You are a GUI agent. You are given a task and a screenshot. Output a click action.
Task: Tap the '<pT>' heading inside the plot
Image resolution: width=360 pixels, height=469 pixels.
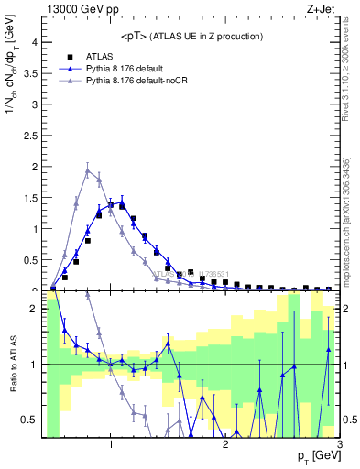(x=136, y=36)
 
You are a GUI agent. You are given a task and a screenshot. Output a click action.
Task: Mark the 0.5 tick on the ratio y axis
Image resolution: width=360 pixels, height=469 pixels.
(x=28, y=420)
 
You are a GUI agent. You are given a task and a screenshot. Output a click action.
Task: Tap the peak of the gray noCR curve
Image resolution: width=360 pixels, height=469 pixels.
(x=88, y=170)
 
